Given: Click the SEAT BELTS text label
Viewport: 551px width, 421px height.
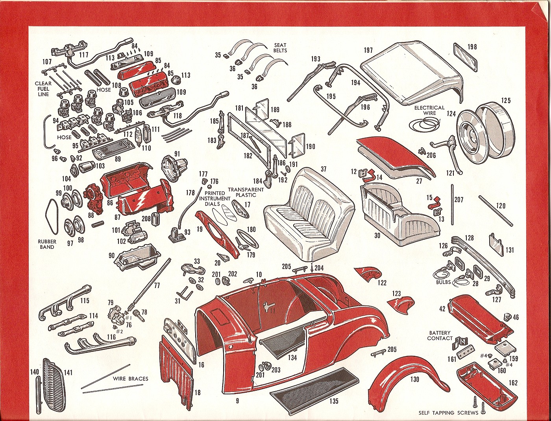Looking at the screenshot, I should (280, 48).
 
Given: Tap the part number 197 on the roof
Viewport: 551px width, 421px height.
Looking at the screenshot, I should (368, 50).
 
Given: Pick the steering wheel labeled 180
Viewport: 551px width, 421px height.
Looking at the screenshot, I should (247, 241).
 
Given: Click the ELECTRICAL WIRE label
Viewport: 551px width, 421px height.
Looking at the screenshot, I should (429, 110).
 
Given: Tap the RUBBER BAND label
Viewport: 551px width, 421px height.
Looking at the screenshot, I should (47, 244).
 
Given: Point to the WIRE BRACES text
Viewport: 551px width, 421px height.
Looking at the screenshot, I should (130, 379).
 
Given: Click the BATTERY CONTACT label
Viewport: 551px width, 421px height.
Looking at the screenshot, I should (440, 335).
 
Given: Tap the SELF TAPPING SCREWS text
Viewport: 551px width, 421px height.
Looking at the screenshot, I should (448, 412).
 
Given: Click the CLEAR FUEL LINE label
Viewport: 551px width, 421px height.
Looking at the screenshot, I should (43, 89).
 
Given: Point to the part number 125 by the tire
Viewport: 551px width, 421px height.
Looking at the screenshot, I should (505, 101).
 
